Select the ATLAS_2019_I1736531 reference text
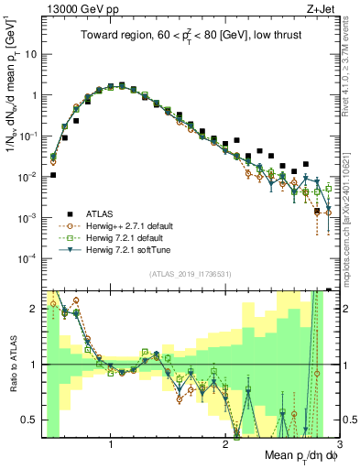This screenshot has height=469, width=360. click(x=189, y=273)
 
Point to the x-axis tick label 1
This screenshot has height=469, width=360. click(x=111, y=444)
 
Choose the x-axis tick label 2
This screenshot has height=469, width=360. click(x=225, y=444)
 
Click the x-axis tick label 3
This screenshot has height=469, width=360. click(x=339, y=444)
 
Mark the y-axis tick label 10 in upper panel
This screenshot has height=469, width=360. click(x=28, y=54)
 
